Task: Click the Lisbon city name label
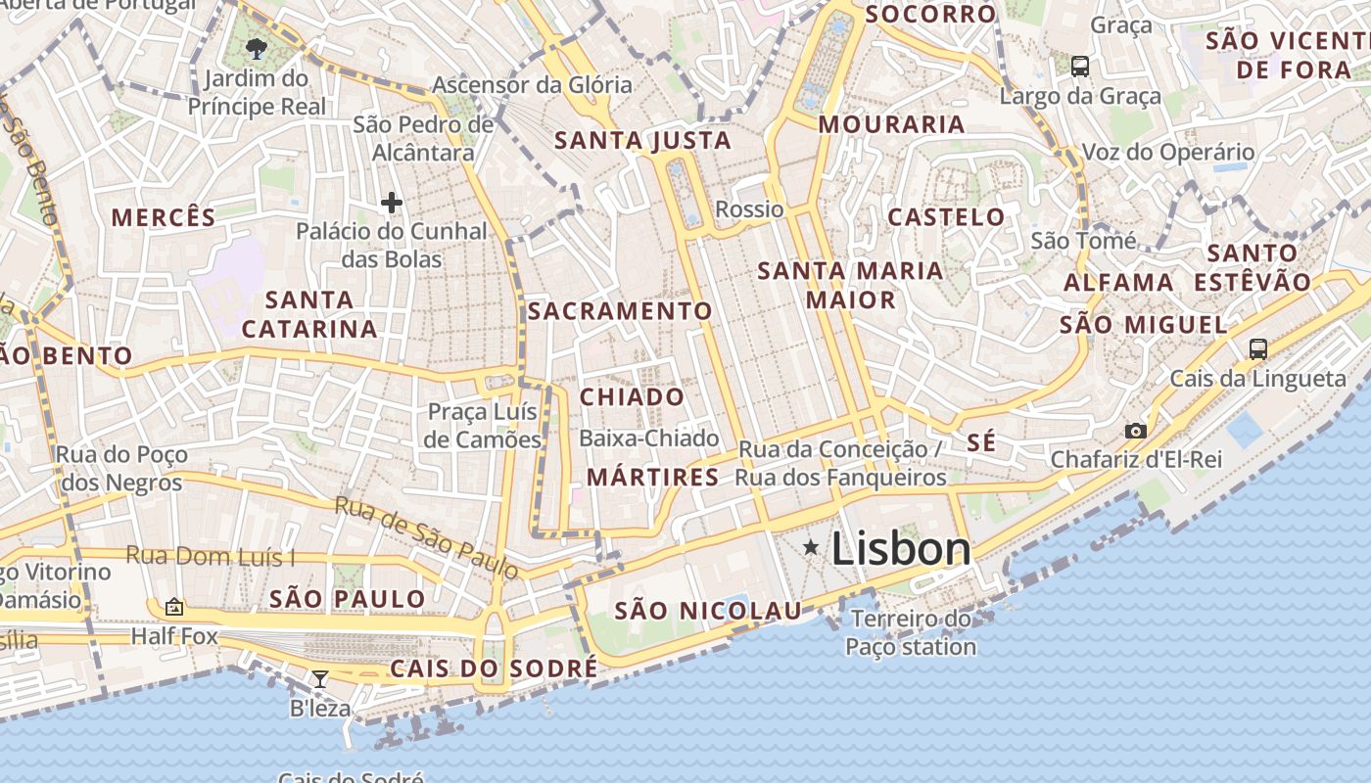(x=901, y=548)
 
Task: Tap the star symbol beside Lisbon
(x=811, y=547)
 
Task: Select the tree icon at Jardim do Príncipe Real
(x=257, y=48)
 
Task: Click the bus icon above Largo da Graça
(x=1080, y=66)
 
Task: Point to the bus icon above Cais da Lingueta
(x=1257, y=348)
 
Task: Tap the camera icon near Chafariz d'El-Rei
(x=1136, y=431)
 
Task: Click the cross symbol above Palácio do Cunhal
(x=392, y=203)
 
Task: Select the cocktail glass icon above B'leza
(x=320, y=678)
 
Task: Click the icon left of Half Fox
(x=174, y=607)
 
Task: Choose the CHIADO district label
(x=633, y=396)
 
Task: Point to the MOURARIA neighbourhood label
(x=892, y=124)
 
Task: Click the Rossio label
(x=750, y=209)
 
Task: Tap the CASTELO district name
(x=946, y=217)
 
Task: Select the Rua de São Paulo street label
(x=427, y=537)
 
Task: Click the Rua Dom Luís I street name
(x=211, y=557)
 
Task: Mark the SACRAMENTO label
(x=620, y=311)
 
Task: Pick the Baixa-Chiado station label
(x=649, y=438)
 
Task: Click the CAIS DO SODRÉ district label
(x=494, y=668)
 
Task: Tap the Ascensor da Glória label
(x=533, y=85)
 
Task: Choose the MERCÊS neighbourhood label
(x=164, y=217)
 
